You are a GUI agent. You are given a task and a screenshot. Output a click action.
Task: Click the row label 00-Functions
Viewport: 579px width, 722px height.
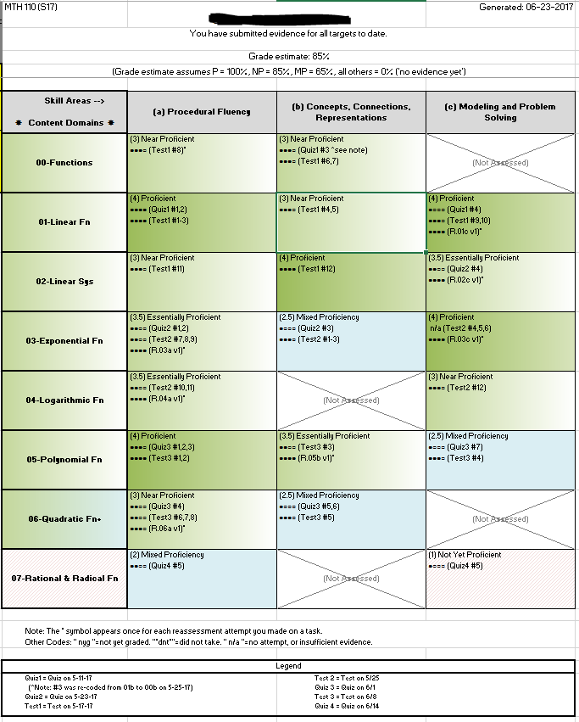pos(64,162)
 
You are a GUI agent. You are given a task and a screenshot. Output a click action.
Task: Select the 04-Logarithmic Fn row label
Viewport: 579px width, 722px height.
pos(64,400)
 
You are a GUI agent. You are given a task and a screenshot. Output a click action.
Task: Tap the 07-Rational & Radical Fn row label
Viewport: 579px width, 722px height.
pos(64,578)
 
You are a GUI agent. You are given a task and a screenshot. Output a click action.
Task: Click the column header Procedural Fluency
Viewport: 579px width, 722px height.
pos(202,111)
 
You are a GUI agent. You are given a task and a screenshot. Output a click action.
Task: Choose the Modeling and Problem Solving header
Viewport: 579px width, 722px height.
pos(500,112)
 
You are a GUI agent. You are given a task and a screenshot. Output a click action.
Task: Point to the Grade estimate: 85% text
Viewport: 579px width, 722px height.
pos(289,55)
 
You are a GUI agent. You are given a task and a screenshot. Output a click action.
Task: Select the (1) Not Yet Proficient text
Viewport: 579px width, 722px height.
pos(465,555)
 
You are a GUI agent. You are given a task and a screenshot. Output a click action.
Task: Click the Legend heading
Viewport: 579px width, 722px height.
pos(289,666)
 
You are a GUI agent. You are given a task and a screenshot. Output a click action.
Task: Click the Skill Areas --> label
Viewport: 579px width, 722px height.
pos(74,101)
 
